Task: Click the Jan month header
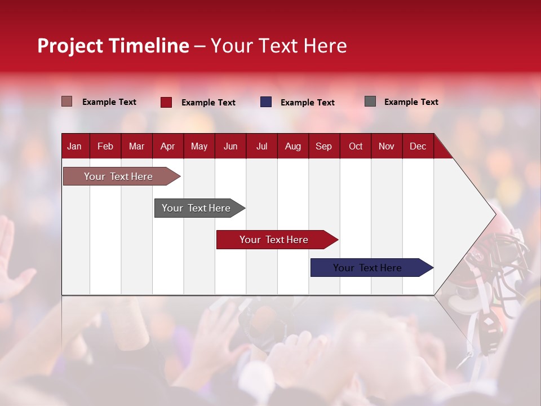74,146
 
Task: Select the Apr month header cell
167,146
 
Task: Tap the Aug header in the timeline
292,146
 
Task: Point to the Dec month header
418,146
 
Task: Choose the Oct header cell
355,146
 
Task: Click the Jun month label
230,146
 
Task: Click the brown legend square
66,101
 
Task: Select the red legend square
166,102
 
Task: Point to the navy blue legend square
265,102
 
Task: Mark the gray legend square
370,101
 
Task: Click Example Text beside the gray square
411,102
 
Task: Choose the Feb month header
105,146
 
